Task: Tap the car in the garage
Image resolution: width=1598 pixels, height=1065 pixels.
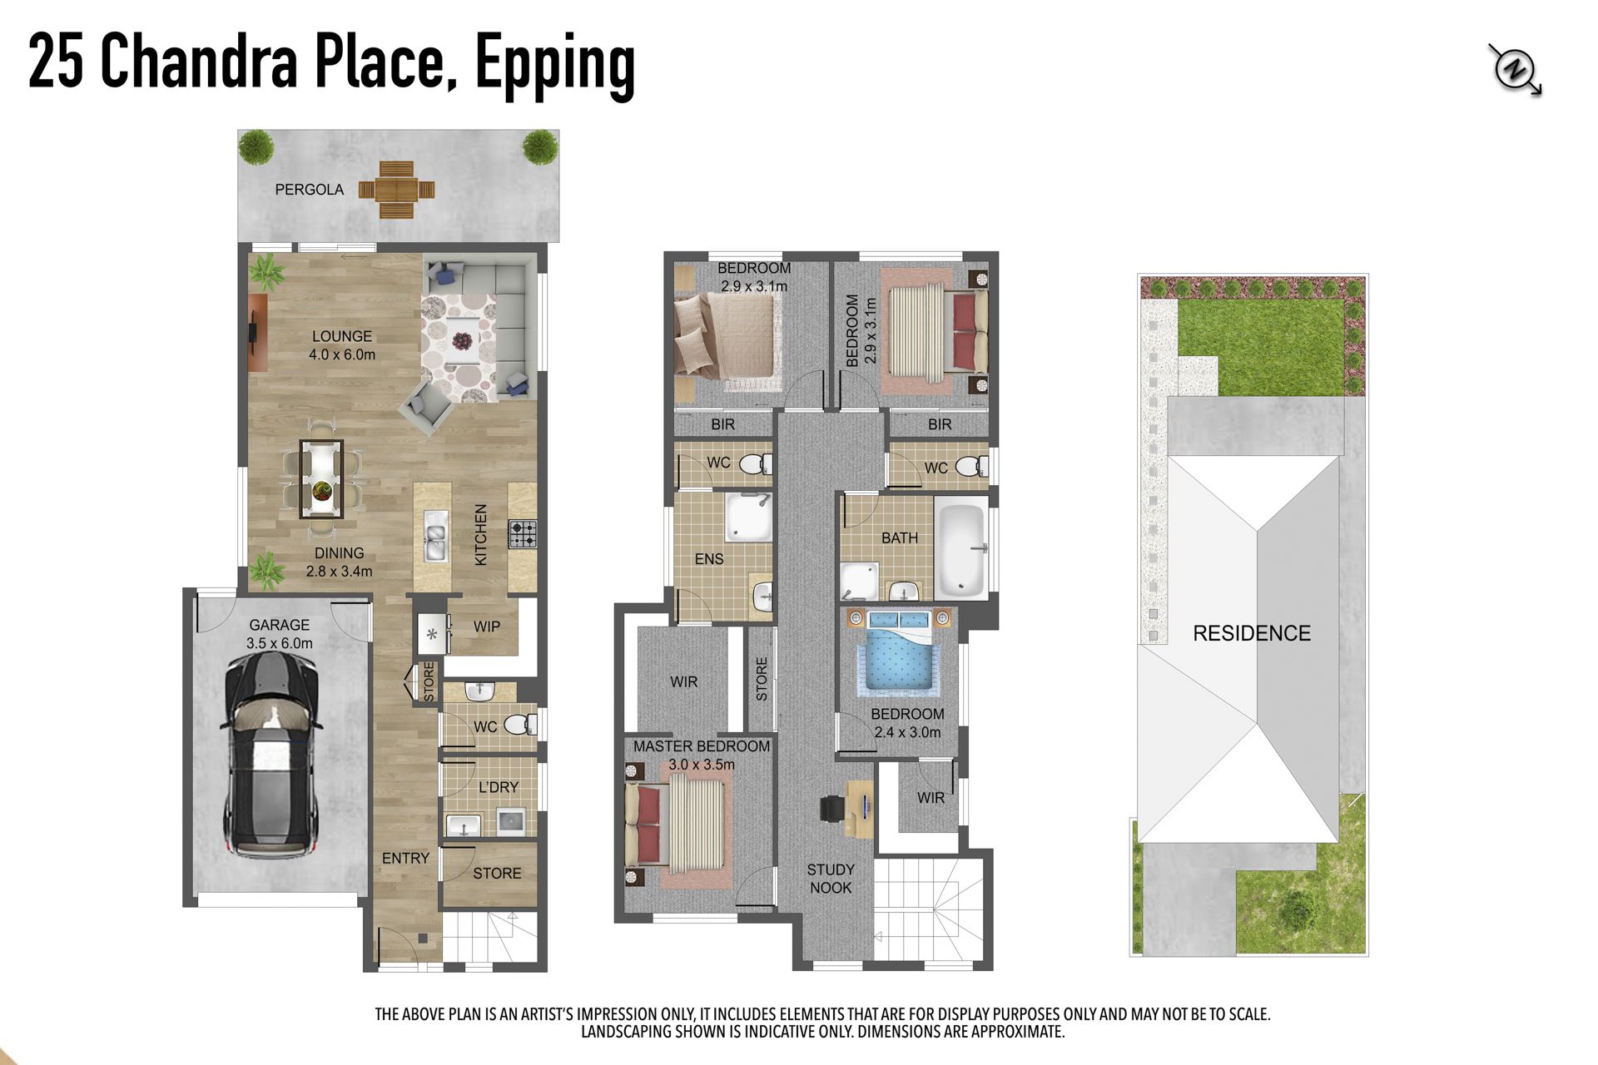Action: click(x=271, y=755)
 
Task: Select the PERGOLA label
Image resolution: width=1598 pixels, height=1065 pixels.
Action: click(x=310, y=190)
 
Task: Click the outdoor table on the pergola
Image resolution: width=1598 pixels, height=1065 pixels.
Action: click(x=396, y=191)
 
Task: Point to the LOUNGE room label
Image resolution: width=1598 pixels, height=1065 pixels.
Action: click(x=342, y=336)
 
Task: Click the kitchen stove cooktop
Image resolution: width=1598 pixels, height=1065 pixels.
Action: click(x=523, y=534)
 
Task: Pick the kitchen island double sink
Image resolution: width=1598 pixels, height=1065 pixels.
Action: click(x=434, y=537)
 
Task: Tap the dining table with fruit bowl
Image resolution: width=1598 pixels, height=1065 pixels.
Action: click(x=321, y=479)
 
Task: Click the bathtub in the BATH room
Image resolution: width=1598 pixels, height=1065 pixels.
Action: click(x=961, y=548)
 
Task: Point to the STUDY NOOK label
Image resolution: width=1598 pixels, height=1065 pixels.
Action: click(x=831, y=879)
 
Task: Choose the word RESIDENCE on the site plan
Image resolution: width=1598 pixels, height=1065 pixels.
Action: click(x=1252, y=633)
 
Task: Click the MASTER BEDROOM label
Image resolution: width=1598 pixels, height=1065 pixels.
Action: click(x=702, y=746)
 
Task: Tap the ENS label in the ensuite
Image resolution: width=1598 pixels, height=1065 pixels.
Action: click(x=709, y=559)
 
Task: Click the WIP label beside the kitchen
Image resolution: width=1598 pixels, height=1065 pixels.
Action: click(x=487, y=627)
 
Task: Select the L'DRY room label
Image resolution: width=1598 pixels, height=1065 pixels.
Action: click(x=499, y=787)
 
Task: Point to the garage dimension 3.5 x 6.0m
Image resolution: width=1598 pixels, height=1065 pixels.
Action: click(x=280, y=643)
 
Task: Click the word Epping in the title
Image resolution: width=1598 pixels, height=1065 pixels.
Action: click(x=555, y=65)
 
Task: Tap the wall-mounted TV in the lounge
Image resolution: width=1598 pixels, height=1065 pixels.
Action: click(x=252, y=333)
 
